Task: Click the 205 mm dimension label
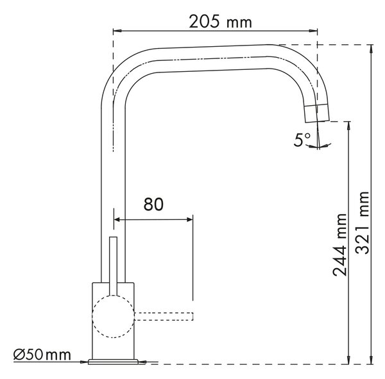pos(220,22)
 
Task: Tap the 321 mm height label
pos(362,223)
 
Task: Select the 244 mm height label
pos(340,245)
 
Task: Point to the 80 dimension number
pos(153,204)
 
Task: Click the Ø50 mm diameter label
pos(42,355)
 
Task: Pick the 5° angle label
pos(302,140)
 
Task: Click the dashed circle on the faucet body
pos(114,317)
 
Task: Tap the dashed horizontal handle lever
pos(164,316)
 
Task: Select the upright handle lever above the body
pos(113,266)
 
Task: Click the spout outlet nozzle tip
pos(317,113)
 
